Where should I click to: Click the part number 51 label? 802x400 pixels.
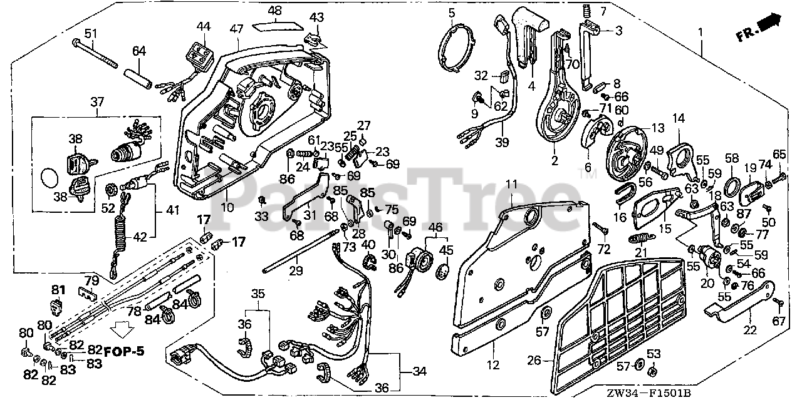(x=91, y=33)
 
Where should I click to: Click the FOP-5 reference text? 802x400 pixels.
(x=124, y=351)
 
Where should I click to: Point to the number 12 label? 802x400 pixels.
(x=492, y=365)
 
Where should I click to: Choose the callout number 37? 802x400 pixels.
(x=97, y=101)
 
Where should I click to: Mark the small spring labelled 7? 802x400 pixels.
(x=588, y=11)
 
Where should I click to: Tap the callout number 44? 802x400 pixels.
(x=203, y=26)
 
